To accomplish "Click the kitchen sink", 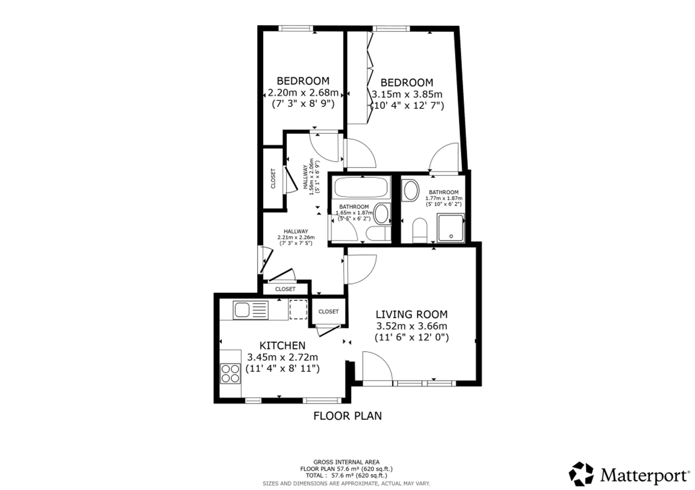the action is pos(251,310).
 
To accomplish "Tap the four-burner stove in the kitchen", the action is pos(230,373).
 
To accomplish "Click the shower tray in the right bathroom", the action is pos(450,228).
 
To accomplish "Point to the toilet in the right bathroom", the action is pos(420,230).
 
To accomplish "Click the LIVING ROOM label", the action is pos(412,315).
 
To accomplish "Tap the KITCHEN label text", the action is pos(283,346).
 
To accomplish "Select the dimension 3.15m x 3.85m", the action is pos(407,95).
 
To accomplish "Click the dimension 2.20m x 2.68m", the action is pos(303,93).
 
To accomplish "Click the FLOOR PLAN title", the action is pos(347,416).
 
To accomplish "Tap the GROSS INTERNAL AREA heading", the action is pos(346,462).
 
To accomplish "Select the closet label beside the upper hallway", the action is pos(273,179).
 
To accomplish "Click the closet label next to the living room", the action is pos(328,312).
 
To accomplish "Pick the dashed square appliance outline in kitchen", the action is pos(299,309).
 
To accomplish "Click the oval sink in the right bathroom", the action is pos(410,190).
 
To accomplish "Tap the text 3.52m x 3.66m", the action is pos(412,326).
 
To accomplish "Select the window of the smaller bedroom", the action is pos(296,28).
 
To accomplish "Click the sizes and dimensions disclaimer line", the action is pos(346,483).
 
